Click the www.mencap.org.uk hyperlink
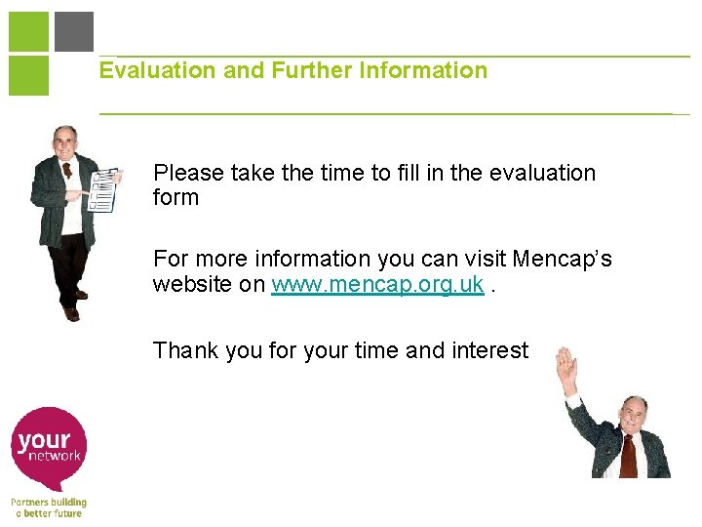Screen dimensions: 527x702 point(377,285)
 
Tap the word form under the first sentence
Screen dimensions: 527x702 point(175,198)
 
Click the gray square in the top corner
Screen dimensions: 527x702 point(74,31)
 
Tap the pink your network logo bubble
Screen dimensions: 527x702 point(50,445)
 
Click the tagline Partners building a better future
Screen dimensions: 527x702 point(49,507)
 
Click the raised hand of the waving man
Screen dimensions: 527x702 point(565,370)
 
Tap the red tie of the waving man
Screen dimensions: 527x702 point(629,453)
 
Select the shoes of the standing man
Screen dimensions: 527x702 point(73,307)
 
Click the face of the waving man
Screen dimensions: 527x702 point(634,417)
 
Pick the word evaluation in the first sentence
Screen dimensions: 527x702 point(541,174)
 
